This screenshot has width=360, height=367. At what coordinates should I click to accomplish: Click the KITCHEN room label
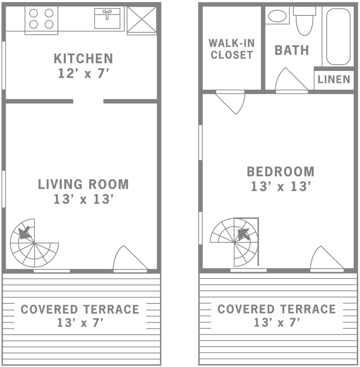(83, 58)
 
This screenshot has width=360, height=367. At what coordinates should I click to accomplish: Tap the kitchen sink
(107, 18)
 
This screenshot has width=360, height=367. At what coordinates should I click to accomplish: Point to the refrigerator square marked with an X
(142, 20)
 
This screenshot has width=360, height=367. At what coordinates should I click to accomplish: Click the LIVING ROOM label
(83, 184)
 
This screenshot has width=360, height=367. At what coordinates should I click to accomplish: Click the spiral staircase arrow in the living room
(24, 232)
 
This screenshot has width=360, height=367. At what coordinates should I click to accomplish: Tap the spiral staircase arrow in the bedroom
(244, 234)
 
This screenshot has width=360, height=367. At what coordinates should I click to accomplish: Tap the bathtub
(338, 37)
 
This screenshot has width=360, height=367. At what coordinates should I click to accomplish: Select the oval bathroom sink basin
(277, 16)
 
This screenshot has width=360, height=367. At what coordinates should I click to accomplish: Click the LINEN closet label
(334, 80)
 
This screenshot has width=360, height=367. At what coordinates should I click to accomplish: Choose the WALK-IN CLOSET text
(231, 49)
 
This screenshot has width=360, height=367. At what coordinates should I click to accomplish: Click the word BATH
(292, 50)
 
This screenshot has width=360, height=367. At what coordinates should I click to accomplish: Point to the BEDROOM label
(280, 172)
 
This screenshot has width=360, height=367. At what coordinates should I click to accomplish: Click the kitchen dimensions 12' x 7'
(83, 73)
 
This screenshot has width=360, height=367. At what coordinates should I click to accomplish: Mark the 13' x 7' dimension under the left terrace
(80, 323)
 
